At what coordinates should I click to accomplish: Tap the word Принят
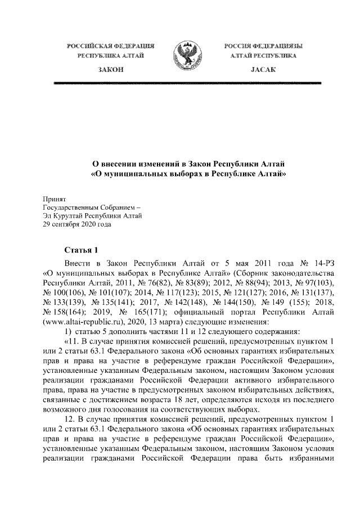pyautogui.click(x=55, y=199)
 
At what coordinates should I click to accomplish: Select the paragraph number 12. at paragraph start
pyautogui.click(x=70, y=421)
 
